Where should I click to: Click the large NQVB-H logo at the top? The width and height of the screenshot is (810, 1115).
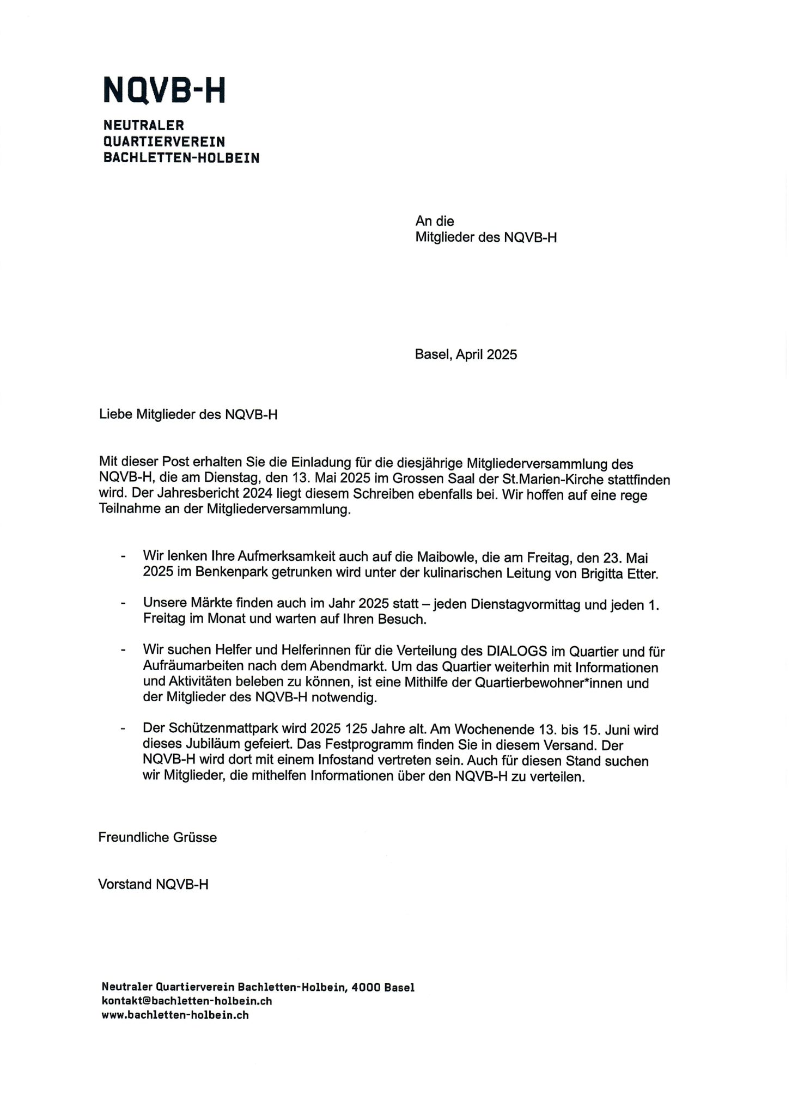[x=164, y=90]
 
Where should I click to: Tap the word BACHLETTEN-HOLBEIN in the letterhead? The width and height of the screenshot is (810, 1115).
[x=181, y=158]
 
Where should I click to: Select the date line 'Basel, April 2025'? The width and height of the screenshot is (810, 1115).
[x=466, y=355]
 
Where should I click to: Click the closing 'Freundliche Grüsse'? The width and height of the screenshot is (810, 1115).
[x=157, y=838]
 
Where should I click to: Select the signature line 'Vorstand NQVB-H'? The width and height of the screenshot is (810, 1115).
[x=153, y=885]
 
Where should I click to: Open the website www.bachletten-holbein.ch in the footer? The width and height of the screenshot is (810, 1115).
[x=175, y=1015]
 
